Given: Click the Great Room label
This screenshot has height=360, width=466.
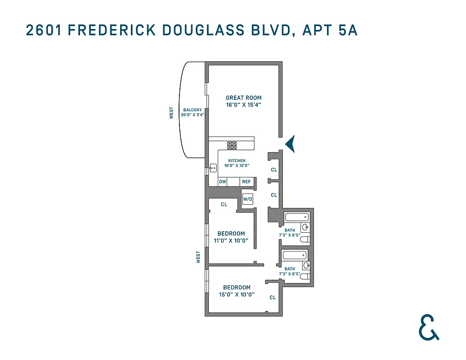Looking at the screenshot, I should click(x=243, y=98).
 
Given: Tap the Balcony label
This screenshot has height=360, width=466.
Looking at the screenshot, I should click(x=192, y=109).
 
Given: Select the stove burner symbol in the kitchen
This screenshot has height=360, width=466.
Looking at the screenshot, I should click(x=232, y=145).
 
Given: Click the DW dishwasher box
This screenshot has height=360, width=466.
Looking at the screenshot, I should click(x=222, y=182).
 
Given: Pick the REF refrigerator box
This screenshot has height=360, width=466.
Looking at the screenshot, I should click(x=246, y=182).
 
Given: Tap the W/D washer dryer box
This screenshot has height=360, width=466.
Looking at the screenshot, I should click(x=248, y=199).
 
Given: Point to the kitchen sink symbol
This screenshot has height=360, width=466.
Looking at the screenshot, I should click(x=213, y=167).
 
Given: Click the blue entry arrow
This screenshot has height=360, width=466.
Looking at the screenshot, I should click(x=291, y=144).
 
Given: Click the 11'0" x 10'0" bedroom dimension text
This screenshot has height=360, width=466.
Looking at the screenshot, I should click(x=231, y=240).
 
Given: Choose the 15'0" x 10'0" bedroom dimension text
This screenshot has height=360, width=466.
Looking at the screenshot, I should click(x=237, y=295).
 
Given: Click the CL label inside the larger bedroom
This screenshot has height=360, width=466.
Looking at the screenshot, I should click(x=273, y=297).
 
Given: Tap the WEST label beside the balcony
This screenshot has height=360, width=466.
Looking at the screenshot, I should click(x=171, y=113).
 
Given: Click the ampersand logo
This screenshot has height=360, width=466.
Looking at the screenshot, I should click(x=428, y=327).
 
